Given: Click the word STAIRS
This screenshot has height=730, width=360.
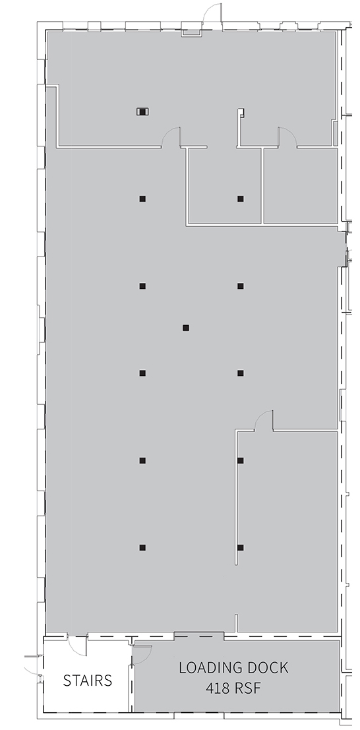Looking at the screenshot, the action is coord(88,681).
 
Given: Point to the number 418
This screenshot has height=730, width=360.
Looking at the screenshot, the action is coord(218,688).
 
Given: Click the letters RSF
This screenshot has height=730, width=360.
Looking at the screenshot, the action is coord(246,688).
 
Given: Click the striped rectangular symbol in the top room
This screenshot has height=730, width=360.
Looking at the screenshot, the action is coord(142,111).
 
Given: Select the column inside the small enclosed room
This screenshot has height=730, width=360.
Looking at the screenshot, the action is coord(240,198).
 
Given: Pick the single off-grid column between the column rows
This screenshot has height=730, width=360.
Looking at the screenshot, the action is coord(186,328).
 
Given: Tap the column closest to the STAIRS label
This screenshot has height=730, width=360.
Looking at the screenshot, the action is coord(142,548).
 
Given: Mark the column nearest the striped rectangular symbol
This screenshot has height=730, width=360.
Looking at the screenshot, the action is coord(142,198).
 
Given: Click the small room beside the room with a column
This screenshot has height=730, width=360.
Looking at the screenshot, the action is coord(301,186).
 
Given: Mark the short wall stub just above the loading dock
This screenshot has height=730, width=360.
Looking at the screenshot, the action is coord(236,623).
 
